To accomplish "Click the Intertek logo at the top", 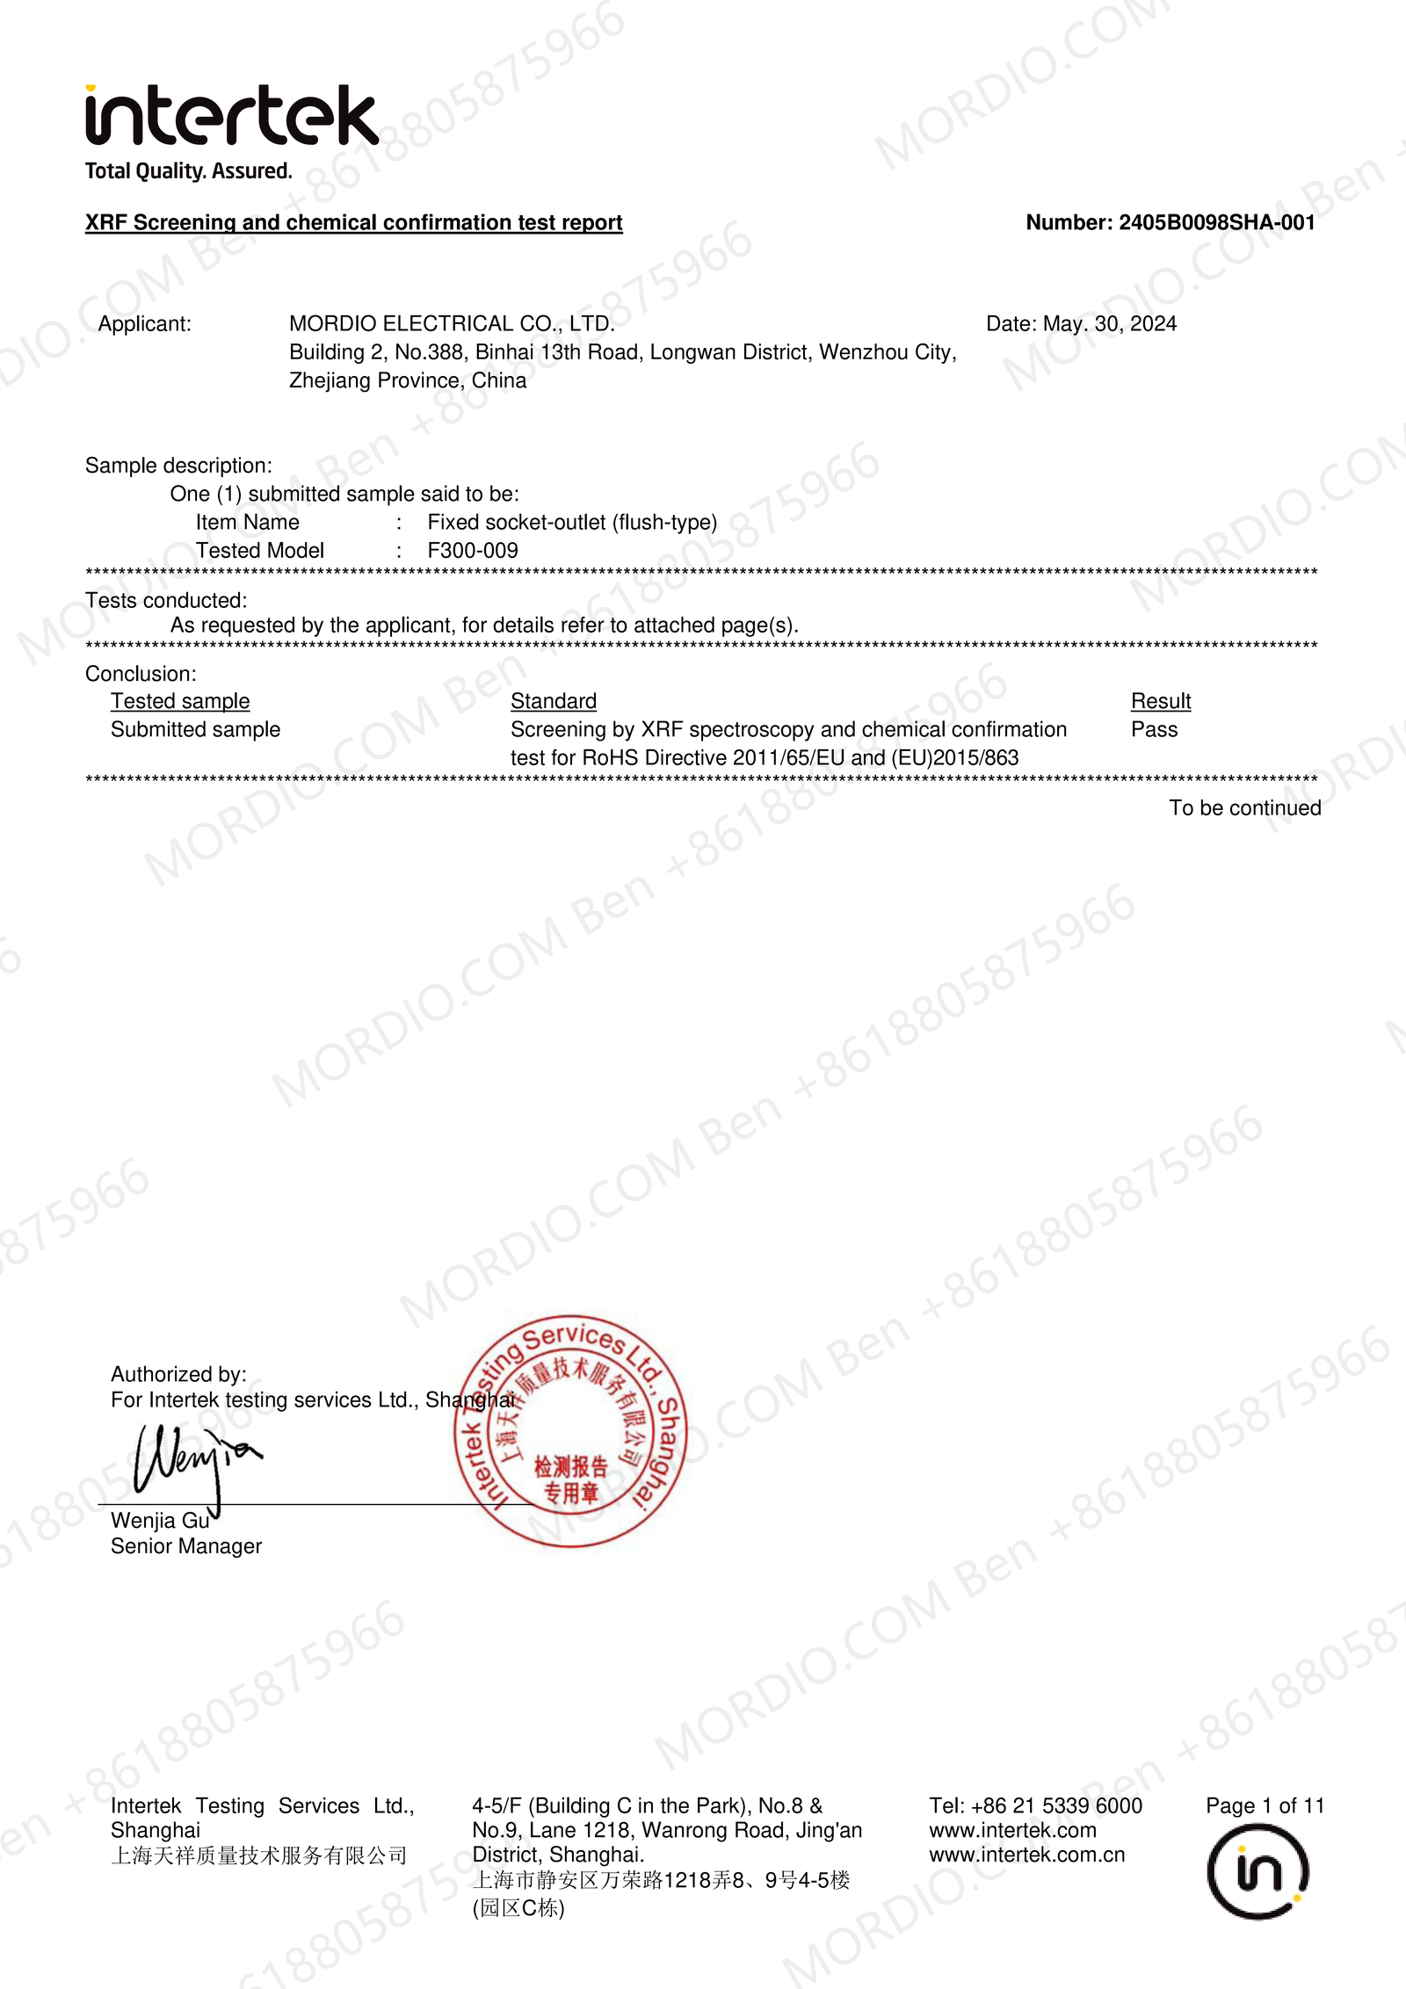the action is [231, 115].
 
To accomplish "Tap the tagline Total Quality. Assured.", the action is [188, 171].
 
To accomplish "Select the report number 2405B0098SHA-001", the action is [1216, 223].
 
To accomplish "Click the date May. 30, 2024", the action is [1109, 324].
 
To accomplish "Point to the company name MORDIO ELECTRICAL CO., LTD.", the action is [452, 324].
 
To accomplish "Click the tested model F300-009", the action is [473, 551].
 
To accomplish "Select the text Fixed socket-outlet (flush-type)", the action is [572, 523].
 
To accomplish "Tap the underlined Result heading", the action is [1160, 701].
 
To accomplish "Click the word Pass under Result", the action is [1154, 730].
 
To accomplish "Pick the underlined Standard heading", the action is [554, 701].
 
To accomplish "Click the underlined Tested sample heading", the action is [180, 701].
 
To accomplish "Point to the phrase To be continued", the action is [1244, 808].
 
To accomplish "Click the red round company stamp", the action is [570, 1431].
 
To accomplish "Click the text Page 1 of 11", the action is [1264, 1806].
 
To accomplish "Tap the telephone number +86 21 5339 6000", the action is [1056, 1806].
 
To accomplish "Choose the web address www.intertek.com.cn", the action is [1026, 1855].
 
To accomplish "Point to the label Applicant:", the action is [145, 324].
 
